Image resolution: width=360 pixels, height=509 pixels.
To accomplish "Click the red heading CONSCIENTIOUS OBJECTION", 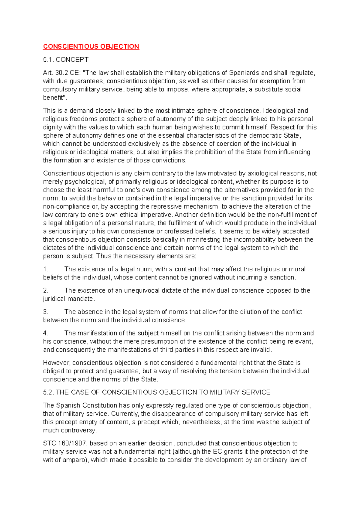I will pyautogui.click(x=91, y=46).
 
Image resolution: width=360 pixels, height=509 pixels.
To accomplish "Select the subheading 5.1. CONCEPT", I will pyautogui.click(x=66, y=60).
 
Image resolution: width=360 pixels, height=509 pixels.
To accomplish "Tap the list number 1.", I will pyautogui.click(x=46, y=269).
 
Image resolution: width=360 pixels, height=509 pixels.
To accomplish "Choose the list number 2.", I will pyautogui.click(x=46, y=290).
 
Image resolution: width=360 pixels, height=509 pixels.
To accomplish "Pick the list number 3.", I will pyautogui.click(x=46, y=312).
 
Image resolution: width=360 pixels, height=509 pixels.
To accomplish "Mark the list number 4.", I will pyautogui.click(x=46, y=333).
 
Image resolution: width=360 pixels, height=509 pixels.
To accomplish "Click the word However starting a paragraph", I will pyautogui.click(x=57, y=363).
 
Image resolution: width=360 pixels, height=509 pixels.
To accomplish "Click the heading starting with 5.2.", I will pyautogui.click(x=157, y=392).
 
